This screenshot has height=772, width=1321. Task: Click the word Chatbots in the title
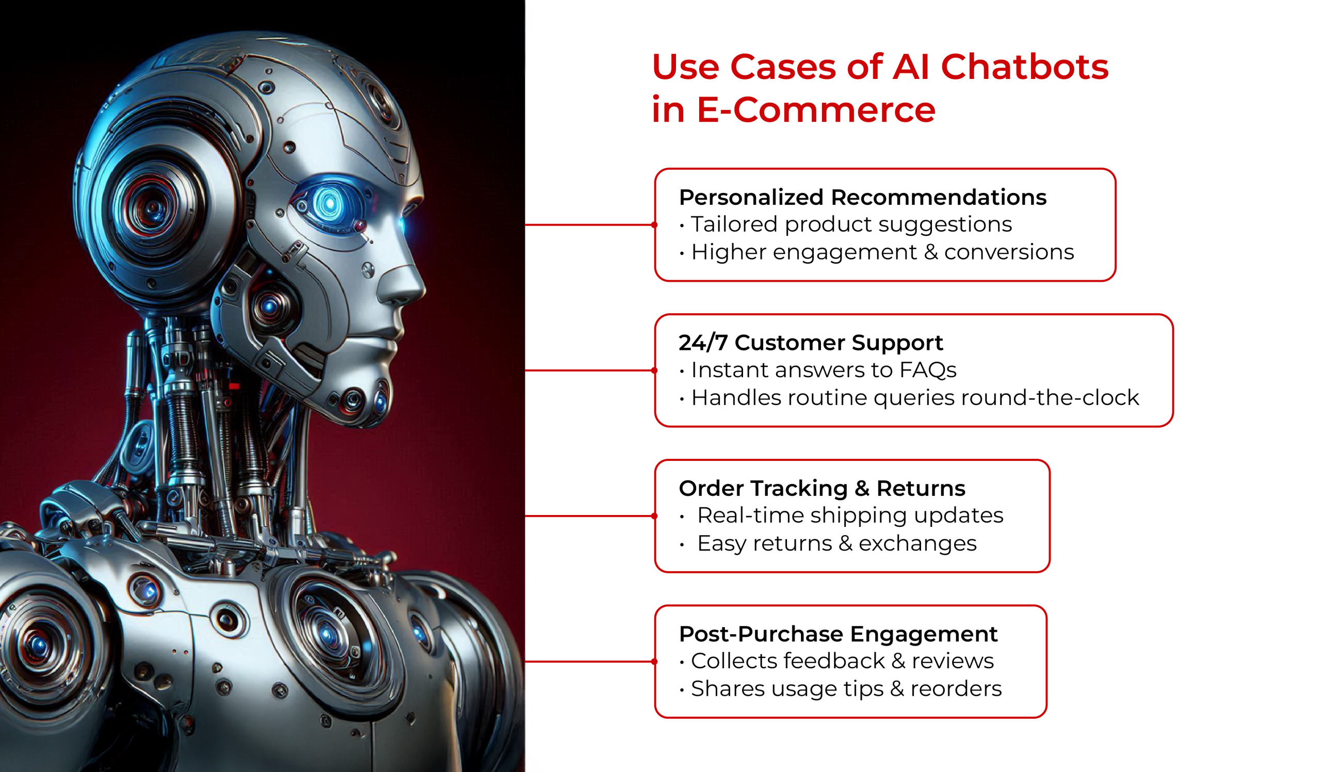(x=1024, y=67)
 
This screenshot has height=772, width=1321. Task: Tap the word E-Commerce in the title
(x=816, y=110)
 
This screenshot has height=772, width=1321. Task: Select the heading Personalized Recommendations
(x=862, y=198)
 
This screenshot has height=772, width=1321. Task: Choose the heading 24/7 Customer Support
(x=811, y=343)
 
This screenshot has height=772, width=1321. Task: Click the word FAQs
(x=928, y=370)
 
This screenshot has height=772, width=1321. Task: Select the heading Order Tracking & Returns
(x=822, y=489)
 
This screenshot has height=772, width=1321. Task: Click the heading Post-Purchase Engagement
(x=838, y=634)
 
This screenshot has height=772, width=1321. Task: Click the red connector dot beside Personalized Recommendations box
(x=654, y=225)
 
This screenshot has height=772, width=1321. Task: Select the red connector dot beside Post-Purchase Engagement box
(x=654, y=662)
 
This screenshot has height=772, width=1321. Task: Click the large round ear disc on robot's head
(x=152, y=207)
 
